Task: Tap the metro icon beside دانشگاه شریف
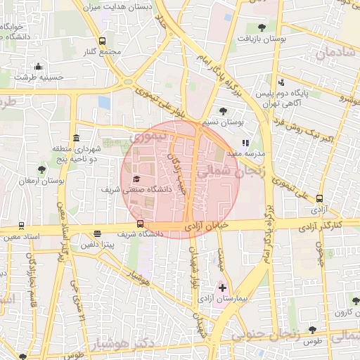pyautogui.click(x=141, y=224)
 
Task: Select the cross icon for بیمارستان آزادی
pyautogui.click(x=223, y=288)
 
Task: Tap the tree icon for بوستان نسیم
pyautogui.click(x=223, y=110)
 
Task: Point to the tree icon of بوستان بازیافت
pyautogui.click(x=262, y=27)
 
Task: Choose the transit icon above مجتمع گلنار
pyautogui.click(x=103, y=41)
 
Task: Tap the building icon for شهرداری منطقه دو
pyautogui.click(x=75, y=139)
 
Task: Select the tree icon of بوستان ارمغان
pyautogui.click(x=42, y=169)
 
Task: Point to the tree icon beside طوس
pyautogui.click(x=312, y=330)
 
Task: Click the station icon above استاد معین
pyautogui.click(x=21, y=226)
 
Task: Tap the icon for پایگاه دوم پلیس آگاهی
pyautogui.click(x=281, y=83)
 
